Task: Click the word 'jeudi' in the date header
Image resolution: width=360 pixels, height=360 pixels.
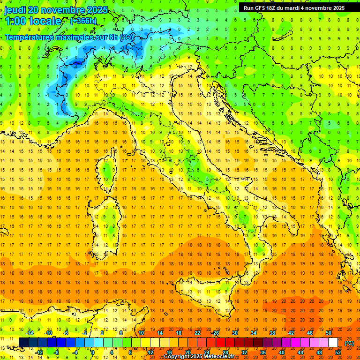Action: click(15, 10)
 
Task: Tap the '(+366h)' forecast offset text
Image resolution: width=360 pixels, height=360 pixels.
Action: click(83, 21)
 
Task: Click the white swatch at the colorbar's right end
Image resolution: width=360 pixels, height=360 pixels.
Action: click(333, 343)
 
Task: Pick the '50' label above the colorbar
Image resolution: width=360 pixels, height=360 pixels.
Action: click(328, 333)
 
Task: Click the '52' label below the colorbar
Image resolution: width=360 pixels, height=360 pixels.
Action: click(338, 352)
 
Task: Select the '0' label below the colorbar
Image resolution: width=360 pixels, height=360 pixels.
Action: click(93, 352)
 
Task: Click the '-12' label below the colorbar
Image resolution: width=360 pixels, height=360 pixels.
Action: click(39, 352)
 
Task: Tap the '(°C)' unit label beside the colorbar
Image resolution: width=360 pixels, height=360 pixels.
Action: click(349, 343)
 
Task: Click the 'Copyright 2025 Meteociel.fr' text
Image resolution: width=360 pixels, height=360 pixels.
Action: click(199, 357)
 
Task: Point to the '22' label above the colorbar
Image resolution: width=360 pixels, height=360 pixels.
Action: click(197, 333)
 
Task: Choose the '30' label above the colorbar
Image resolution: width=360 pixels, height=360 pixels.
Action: click(234, 333)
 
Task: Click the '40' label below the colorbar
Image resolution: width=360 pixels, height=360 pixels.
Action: click(282, 352)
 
